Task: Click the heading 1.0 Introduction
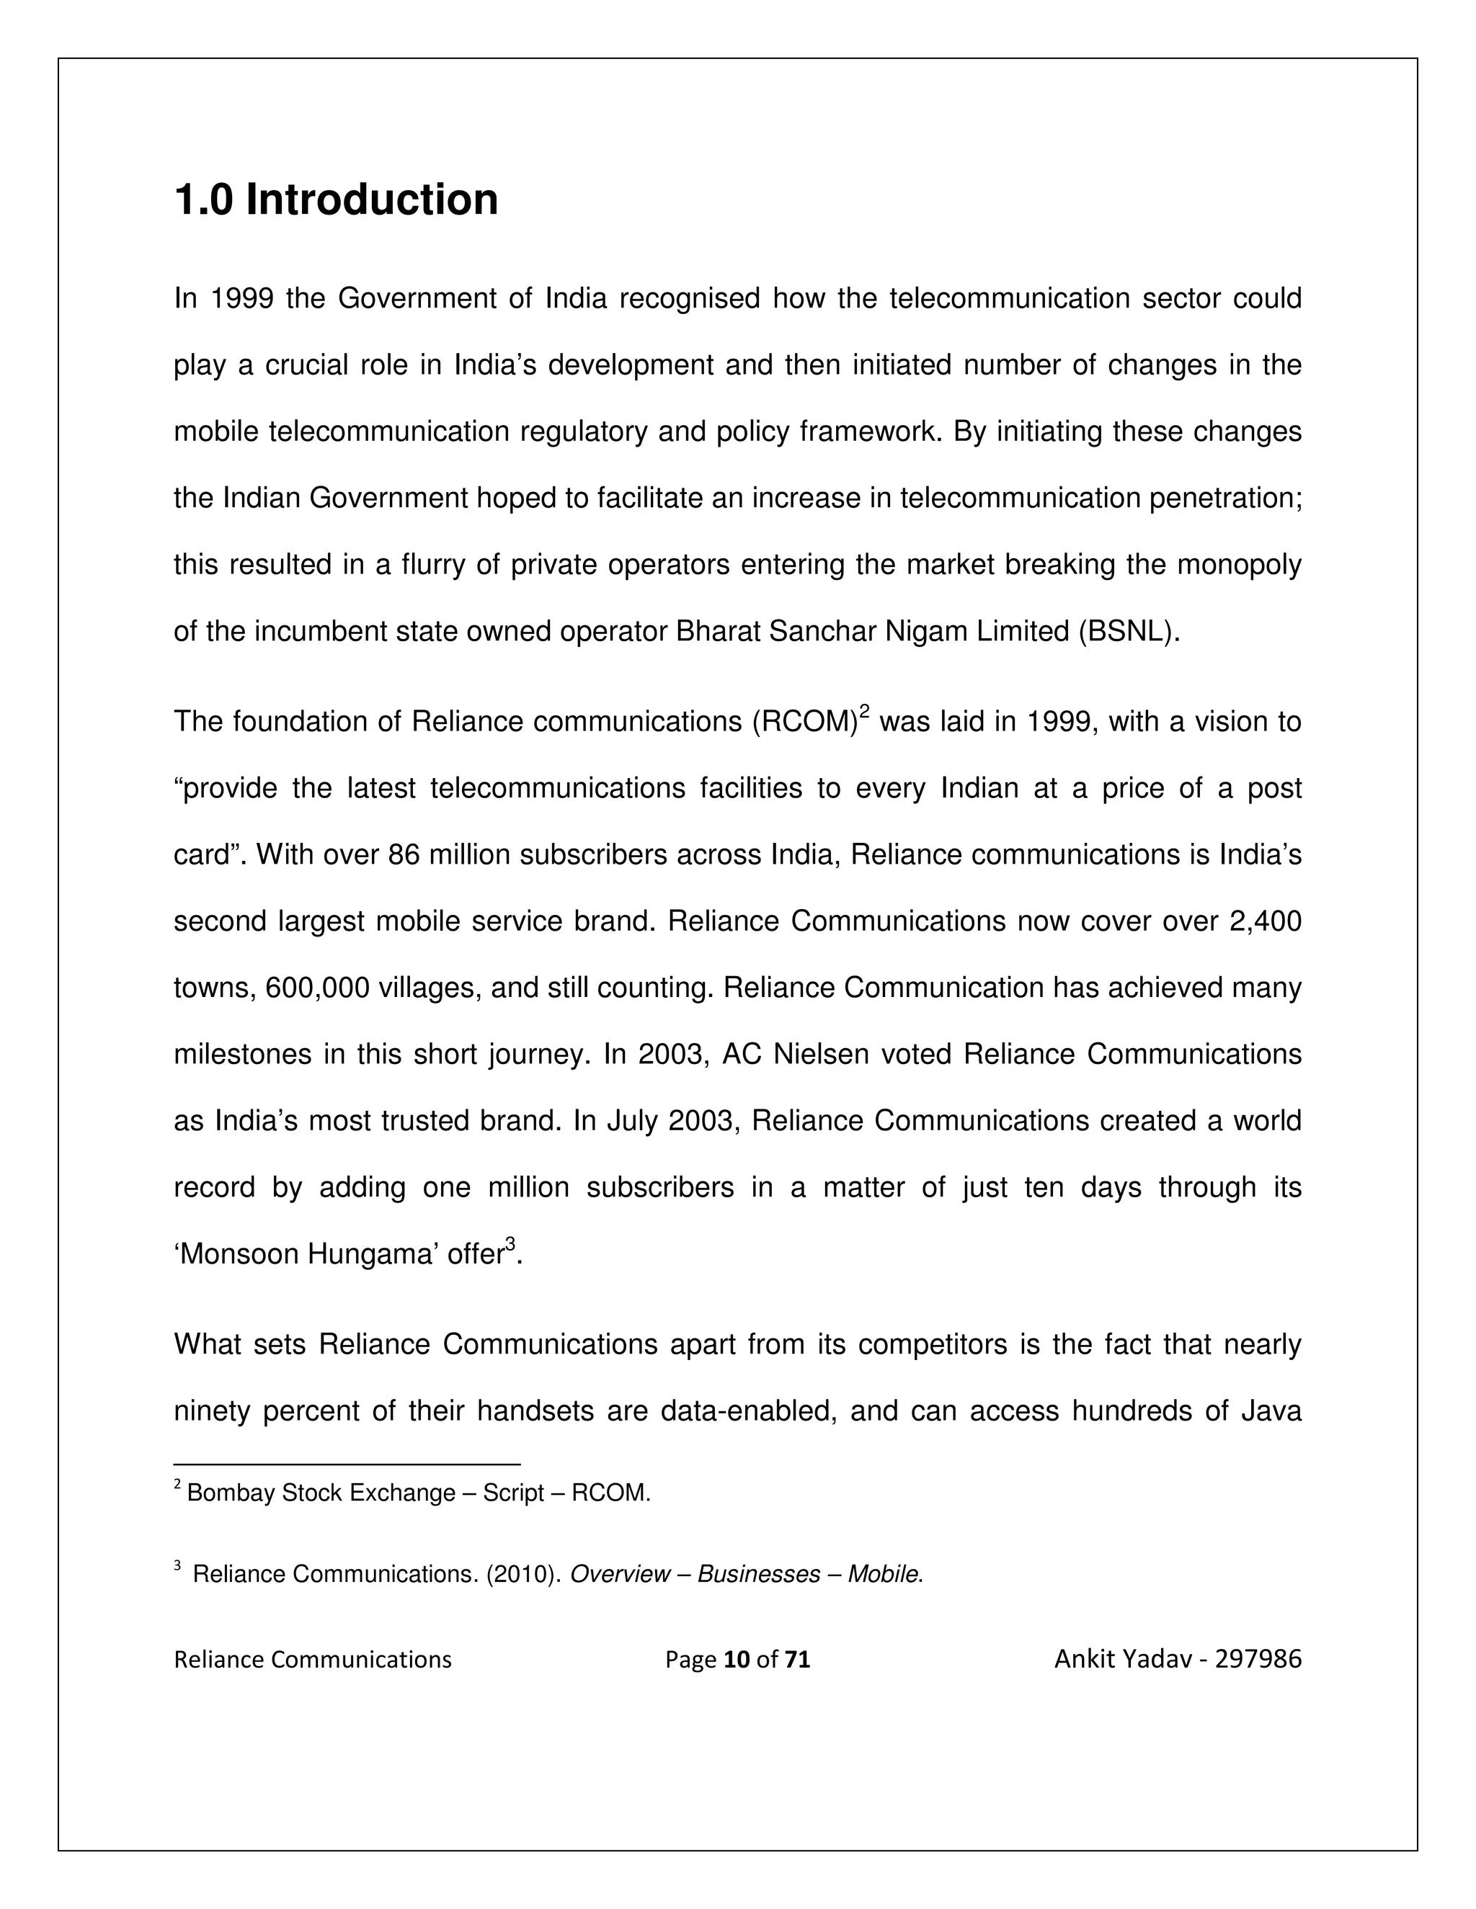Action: coord(336,200)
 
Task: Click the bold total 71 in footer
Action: coord(796,1659)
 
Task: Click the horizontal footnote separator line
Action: coord(347,1464)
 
